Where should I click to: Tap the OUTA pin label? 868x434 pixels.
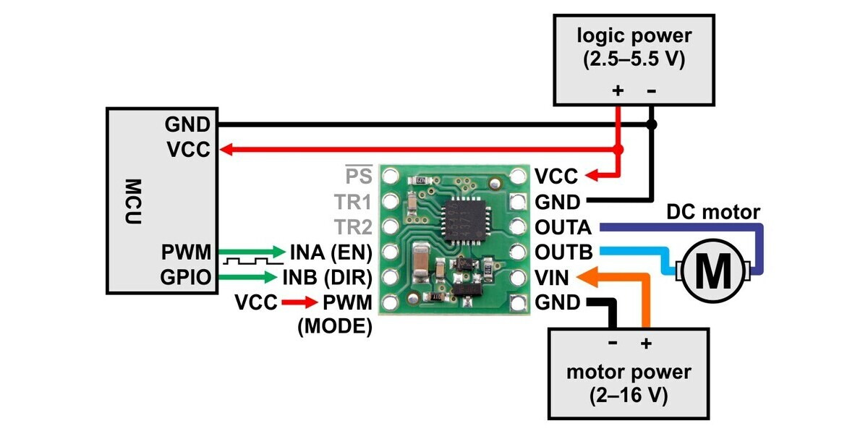pyautogui.click(x=563, y=227)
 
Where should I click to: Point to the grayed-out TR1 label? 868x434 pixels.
pyautogui.click(x=352, y=202)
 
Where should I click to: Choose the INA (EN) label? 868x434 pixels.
pyautogui.click(x=331, y=252)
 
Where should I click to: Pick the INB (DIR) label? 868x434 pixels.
pyautogui.click(x=327, y=278)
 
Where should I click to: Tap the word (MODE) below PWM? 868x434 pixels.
pyautogui.click(x=335, y=326)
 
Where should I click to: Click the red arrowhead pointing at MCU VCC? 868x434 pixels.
pyautogui.click(x=226, y=150)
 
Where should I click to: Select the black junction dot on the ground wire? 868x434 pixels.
pyautogui.click(x=652, y=125)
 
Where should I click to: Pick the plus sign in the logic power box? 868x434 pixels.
pyautogui.click(x=618, y=90)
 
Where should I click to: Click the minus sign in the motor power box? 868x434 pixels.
pyautogui.click(x=613, y=343)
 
